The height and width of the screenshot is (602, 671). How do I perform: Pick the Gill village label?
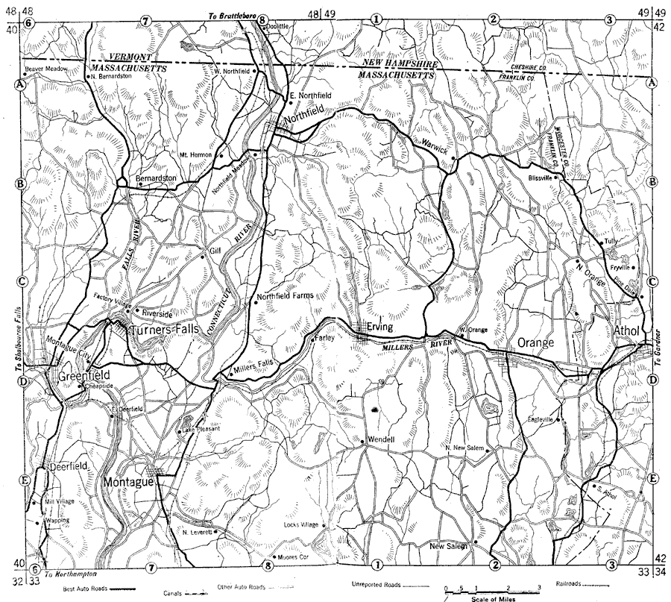pos(217,251)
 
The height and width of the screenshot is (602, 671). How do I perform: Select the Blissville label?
pos(538,178)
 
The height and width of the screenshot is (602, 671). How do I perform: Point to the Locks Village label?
pos(301,524)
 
